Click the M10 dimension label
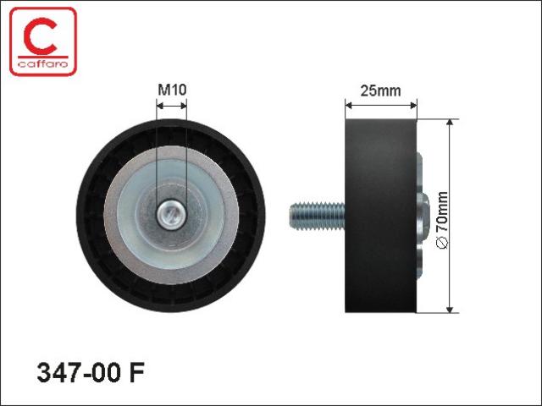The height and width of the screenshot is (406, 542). pyautogui.click(x=172, y=90)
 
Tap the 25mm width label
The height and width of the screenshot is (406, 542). pyautogui.click(x=380, y=91)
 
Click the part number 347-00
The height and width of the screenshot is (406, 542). pyautogui.click(x=79, y=373)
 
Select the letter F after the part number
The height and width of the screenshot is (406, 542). pyautogui.click(x=136, y=373)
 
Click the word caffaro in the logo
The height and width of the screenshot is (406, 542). pyautogui.click(x=43, y=64)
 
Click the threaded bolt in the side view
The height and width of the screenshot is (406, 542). pyautogui.click(x=318, y=216)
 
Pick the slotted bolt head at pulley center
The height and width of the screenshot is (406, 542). pyautogui.click(x=171, y=214)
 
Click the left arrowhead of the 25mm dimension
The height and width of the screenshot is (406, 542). pyautogui.click(x=349, y=105)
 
